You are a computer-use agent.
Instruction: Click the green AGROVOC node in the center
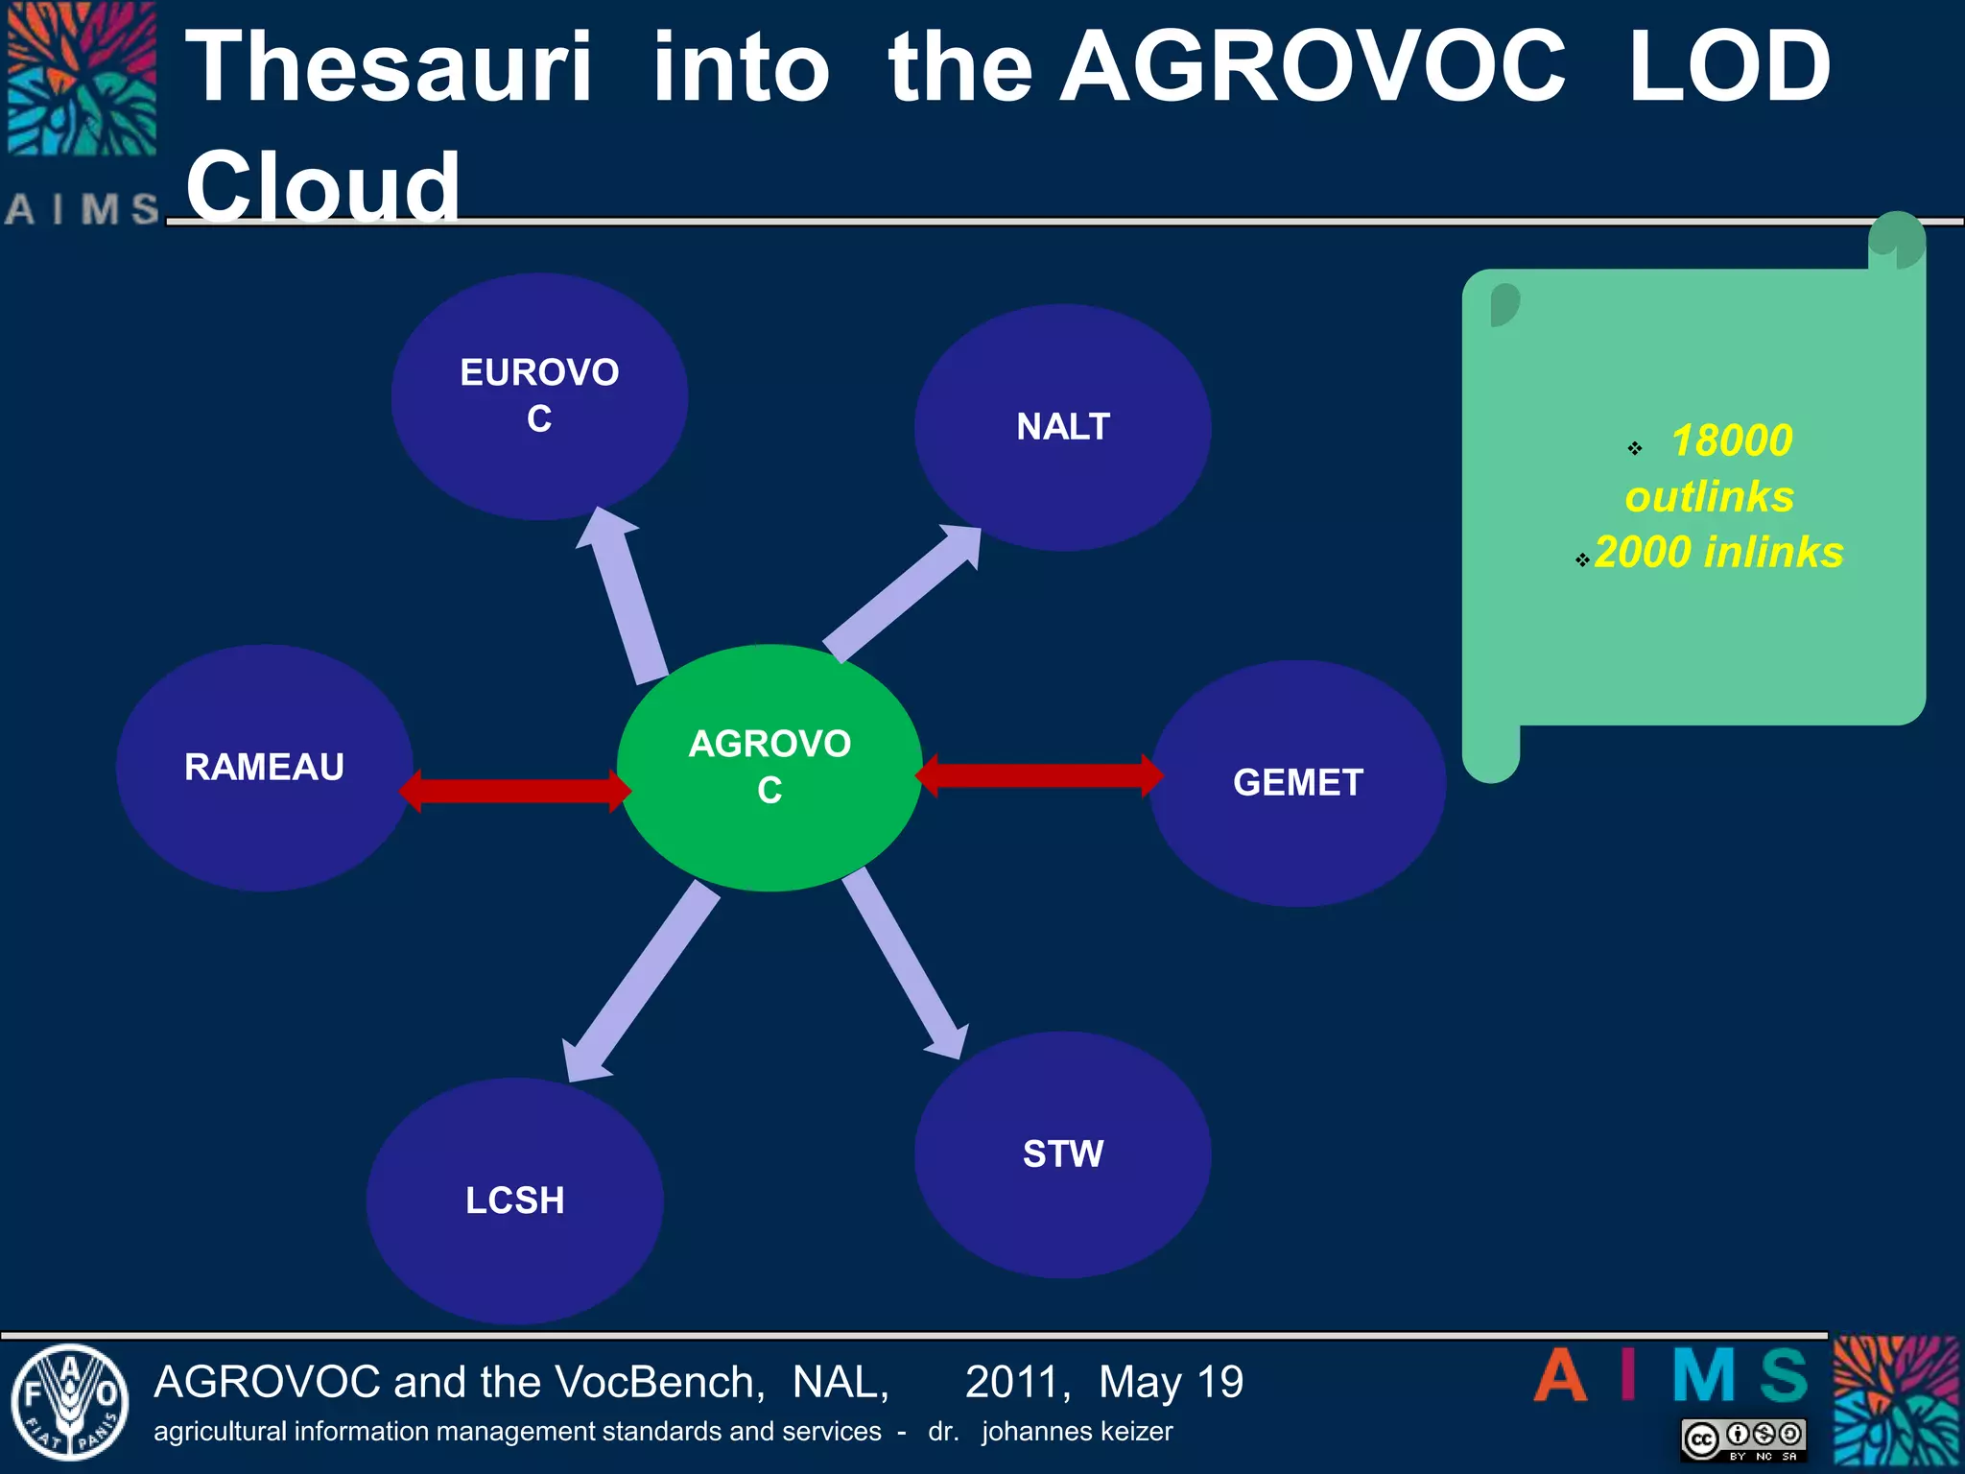(769, 767)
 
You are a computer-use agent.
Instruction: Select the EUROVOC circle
(539, 395)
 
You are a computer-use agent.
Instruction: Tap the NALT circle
(1062, 427)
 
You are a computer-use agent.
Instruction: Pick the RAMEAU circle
(264, 767)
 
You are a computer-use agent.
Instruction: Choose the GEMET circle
(1297, 782)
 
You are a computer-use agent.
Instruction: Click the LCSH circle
(514, 1200)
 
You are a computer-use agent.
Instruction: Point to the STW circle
(1062, 1153)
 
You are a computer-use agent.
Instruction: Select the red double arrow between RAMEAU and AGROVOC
(515, 790)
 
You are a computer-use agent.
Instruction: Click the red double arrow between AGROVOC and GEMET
(1039, 775)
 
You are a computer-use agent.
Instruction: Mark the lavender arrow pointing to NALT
(902, 594)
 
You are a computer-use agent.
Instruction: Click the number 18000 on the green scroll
(1731, 440)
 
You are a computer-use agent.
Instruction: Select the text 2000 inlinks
(1717, 552)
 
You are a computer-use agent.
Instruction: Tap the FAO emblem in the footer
(69, 1402)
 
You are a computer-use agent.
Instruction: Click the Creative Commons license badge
(1742, 1439)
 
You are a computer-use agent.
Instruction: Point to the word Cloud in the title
(322, 186)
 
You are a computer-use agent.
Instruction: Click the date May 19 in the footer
(1171, 1382)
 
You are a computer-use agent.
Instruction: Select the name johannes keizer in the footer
(1077, 1431)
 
